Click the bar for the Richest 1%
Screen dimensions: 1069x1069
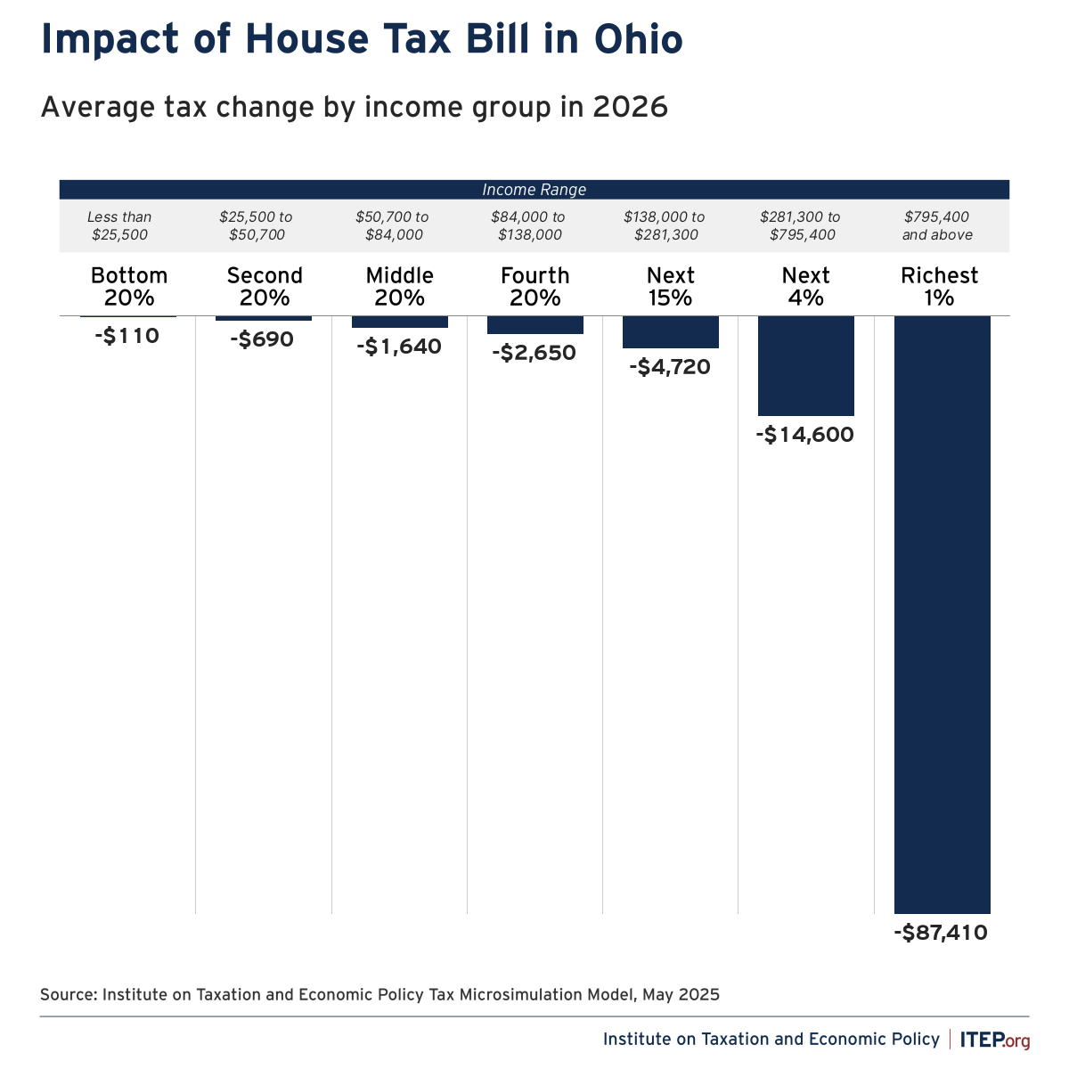(942, 615)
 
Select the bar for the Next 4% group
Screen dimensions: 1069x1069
(806, 365)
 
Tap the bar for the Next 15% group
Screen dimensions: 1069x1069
(671, 332)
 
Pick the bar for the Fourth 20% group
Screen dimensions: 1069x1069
(535, 325)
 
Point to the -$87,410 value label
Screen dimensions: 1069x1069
(941, 934)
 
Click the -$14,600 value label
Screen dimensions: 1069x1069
(805, 435)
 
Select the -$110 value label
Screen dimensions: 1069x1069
(126, 337)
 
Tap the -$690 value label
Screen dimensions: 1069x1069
(262, 339)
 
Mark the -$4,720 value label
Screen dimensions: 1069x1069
(670, 367)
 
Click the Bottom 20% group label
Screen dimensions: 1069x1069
(129, 286)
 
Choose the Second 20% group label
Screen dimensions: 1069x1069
(265, 286)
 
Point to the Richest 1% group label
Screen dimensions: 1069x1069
(940, 286)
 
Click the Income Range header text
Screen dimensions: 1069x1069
(534, 190)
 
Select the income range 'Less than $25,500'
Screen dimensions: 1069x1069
(119, 226)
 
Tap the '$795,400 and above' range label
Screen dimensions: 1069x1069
(937, 226)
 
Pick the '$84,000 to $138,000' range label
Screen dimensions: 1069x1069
(527, 226)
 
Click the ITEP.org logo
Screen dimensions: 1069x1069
(995, 1040)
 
